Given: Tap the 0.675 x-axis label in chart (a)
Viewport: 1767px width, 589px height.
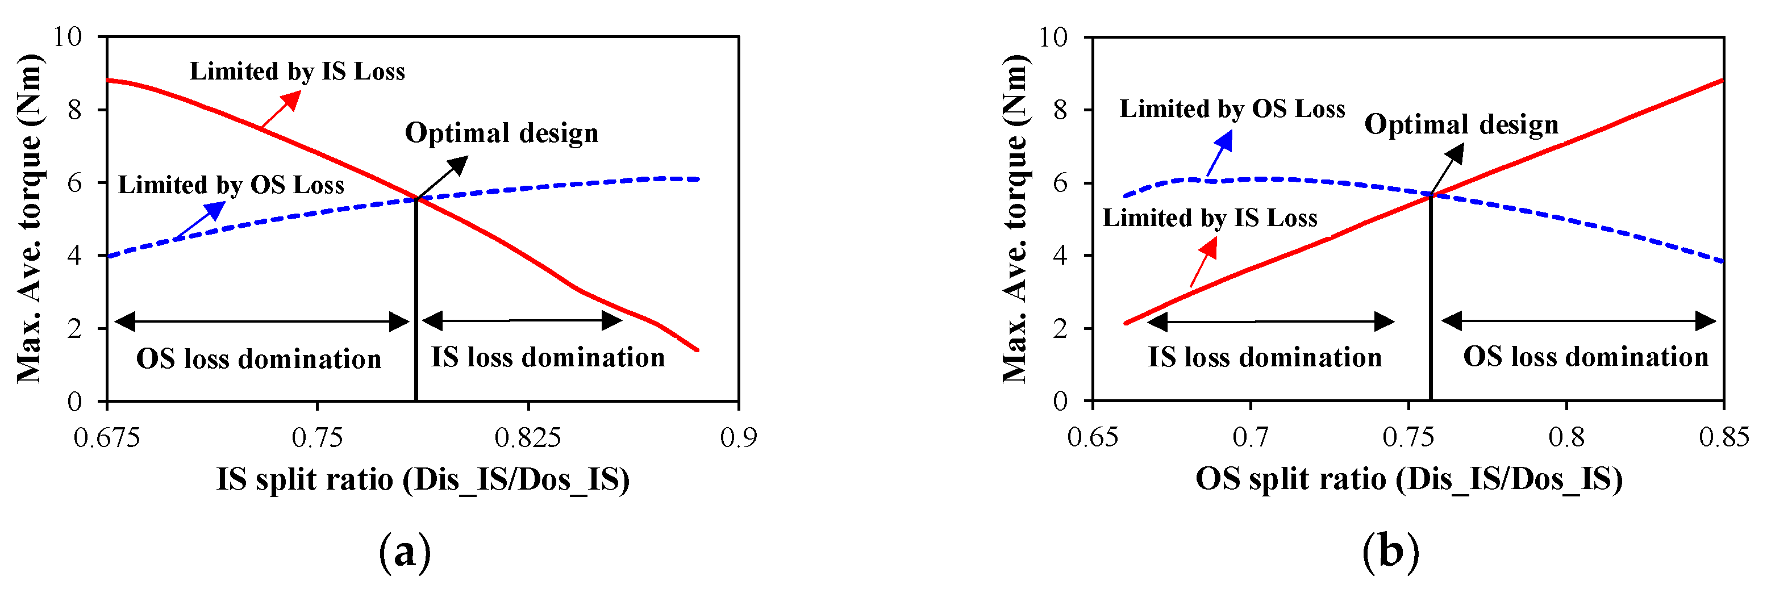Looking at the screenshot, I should (x=106, y=437).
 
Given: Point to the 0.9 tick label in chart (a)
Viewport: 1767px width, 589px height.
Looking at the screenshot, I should (x=738, y=437).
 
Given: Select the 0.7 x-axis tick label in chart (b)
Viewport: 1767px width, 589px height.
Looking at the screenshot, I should (x=1251, y=437).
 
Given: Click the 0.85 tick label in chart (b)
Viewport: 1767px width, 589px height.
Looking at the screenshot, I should (x=1723, y=437).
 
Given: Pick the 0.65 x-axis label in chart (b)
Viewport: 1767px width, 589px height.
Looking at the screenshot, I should (x=1092, y=437).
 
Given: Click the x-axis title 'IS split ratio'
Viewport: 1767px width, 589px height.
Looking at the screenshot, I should (x=423, y=479).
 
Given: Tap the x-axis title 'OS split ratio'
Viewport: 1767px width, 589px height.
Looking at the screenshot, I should (x=1408, y=479).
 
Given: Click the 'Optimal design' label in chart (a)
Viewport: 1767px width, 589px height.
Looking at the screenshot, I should (x=502, y=132).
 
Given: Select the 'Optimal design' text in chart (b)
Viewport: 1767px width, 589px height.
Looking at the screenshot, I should (x=1461, y=124).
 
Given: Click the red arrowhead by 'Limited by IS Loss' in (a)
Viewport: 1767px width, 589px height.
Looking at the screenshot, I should (x=292, y=100).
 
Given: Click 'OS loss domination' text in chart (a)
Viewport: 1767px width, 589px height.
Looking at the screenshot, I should (x=259, y=358).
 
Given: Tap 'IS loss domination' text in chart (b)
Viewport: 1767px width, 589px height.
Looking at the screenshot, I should (x=1264, y=357).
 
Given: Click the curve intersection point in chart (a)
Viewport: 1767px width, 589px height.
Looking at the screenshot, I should (x=416, y=199).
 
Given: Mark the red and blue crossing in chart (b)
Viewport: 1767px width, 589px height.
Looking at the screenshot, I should (x=1431, y=195).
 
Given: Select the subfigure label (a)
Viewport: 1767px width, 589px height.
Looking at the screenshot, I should (x=405, y=552).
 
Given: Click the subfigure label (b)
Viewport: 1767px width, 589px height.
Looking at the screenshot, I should (x=1390, y=552).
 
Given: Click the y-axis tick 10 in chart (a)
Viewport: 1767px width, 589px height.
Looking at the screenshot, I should (x=68, y=36).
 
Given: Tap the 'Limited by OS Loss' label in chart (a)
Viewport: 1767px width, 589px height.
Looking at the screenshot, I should (x=231, y=185).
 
